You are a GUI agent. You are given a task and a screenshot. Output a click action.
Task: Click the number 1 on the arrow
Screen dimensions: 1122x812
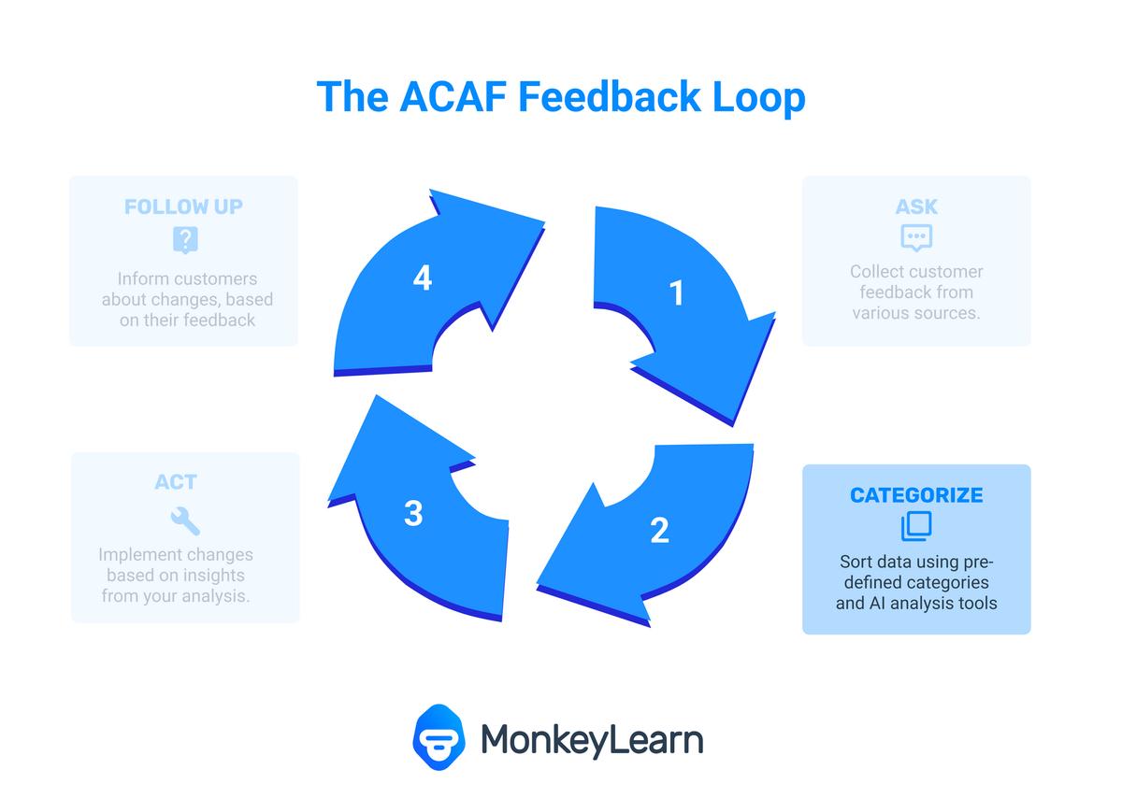[x=676, y=292]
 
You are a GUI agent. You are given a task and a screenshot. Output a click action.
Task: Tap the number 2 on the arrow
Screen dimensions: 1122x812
[x=660, y=530]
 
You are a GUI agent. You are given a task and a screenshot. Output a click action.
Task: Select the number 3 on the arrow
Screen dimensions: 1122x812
[x=413, y=514]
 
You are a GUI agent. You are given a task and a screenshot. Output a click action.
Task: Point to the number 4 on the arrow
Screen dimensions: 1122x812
[x=423, y=278]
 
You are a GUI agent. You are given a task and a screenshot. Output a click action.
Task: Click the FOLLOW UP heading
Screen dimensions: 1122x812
[x=184, y=207]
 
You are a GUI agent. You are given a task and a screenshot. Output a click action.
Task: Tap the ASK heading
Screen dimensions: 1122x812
[x=916, y=207]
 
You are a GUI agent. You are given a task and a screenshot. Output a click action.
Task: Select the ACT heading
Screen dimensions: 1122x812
[x=176, y=482]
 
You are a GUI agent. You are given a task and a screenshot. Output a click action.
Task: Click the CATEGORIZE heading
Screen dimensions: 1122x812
[x=916, y=495]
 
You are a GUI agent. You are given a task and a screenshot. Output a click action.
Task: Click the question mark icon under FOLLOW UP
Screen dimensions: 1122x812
[x=185, y=240]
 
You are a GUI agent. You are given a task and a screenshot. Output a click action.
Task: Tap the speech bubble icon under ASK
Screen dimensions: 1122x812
[x=916, y=237]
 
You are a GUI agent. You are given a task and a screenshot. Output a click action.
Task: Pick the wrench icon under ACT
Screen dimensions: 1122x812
[x=185, y=520]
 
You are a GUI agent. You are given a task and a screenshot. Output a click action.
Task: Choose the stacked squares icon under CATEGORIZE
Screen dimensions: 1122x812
[x=916, y=526]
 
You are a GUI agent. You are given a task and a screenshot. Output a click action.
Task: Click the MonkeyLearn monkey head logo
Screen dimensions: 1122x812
[x=439, y=737]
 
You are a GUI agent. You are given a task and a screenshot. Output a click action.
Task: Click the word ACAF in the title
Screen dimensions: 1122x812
[x=453, y=96]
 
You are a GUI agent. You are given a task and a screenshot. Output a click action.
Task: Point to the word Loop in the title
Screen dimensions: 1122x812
[x=758, y=99]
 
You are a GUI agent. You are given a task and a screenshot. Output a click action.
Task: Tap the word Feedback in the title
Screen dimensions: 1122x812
[x=609, y=96]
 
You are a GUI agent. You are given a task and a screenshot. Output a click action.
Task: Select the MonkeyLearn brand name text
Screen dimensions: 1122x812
[x=592, y=741]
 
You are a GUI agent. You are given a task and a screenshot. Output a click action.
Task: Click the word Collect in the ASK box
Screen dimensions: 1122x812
[x=873, y=272]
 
